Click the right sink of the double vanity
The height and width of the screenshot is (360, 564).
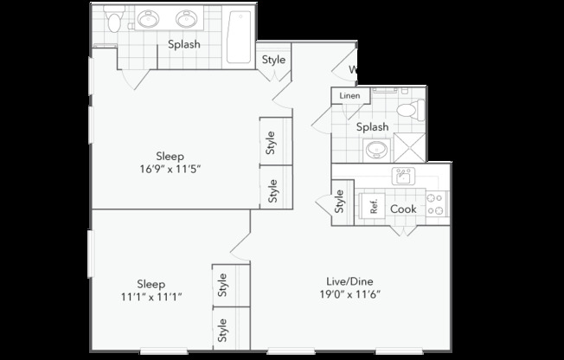[x=187, y=18]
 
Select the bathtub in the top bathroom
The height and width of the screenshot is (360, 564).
[x=238, y=38]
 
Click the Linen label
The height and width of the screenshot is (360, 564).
[x=349, y=95]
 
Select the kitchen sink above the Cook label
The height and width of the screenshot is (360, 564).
[x=401, y=177]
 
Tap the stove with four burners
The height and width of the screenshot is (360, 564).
[x=436, y=204]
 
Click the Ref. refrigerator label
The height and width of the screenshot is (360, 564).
[x=374, y=208]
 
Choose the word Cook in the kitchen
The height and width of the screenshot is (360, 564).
[x=403, y=209]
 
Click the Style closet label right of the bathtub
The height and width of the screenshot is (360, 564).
[x=273, y=60]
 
